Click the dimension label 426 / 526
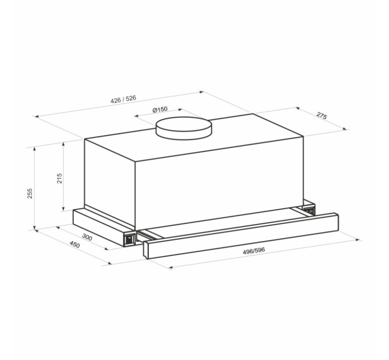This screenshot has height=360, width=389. [x=124, y=99]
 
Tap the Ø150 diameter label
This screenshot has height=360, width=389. [x=160, y=110]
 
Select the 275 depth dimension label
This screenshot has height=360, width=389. [x=321, y=116]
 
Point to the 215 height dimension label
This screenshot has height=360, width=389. [x=59, y=178]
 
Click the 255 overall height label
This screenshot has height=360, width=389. [x=30, y=194]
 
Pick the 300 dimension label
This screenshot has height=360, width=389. [x=87, y=237]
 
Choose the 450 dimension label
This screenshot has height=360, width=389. [x=75, y=245]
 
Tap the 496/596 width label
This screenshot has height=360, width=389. [x=254, y=251]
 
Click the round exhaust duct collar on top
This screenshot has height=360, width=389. [x=184, y=129]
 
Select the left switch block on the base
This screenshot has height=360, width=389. [x=129, y=239]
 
